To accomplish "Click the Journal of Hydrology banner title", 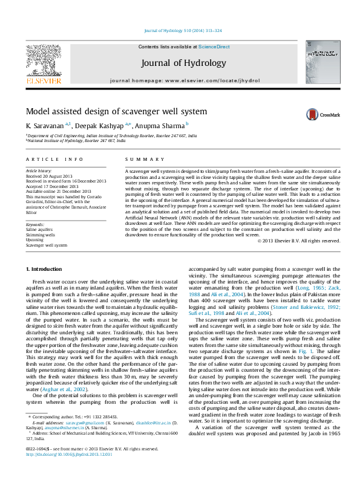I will point(183,63).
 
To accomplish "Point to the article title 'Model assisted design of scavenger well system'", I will point(116,111).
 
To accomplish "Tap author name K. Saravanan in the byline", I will point(45,125).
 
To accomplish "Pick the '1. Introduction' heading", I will point(44,268).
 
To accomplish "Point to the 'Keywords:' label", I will point(35,225).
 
